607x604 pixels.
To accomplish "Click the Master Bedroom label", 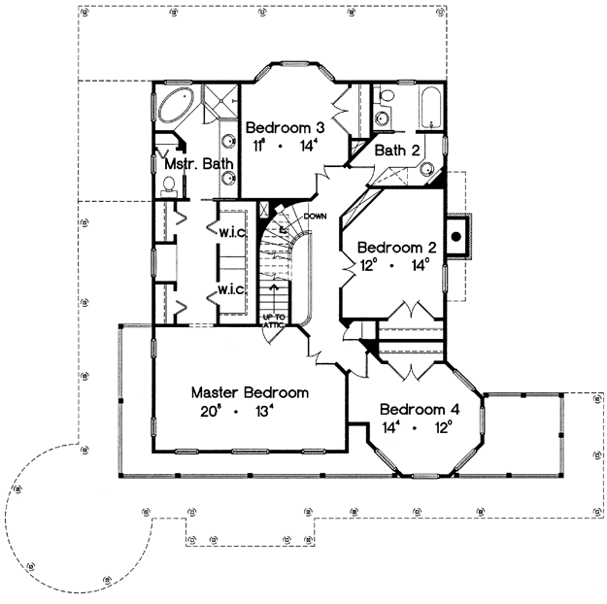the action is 250,392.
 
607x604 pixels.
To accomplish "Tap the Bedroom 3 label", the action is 286,127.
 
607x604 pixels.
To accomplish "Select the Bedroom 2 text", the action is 397,248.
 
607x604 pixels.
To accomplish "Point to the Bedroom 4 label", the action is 420,409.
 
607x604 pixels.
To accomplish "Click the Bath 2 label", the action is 397,151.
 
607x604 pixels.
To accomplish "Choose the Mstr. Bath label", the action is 199,164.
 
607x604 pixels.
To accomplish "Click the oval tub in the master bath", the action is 177,104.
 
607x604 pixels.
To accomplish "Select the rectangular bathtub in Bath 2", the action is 430,107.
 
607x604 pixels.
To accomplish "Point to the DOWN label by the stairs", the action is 315,216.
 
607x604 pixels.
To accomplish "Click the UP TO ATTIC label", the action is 275,321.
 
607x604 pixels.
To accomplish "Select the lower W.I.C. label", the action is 231,289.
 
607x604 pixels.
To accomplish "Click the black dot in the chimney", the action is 456,236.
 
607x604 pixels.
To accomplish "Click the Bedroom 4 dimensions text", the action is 418,427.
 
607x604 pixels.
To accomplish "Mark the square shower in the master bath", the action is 220,101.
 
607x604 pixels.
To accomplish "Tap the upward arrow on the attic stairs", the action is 275,293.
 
